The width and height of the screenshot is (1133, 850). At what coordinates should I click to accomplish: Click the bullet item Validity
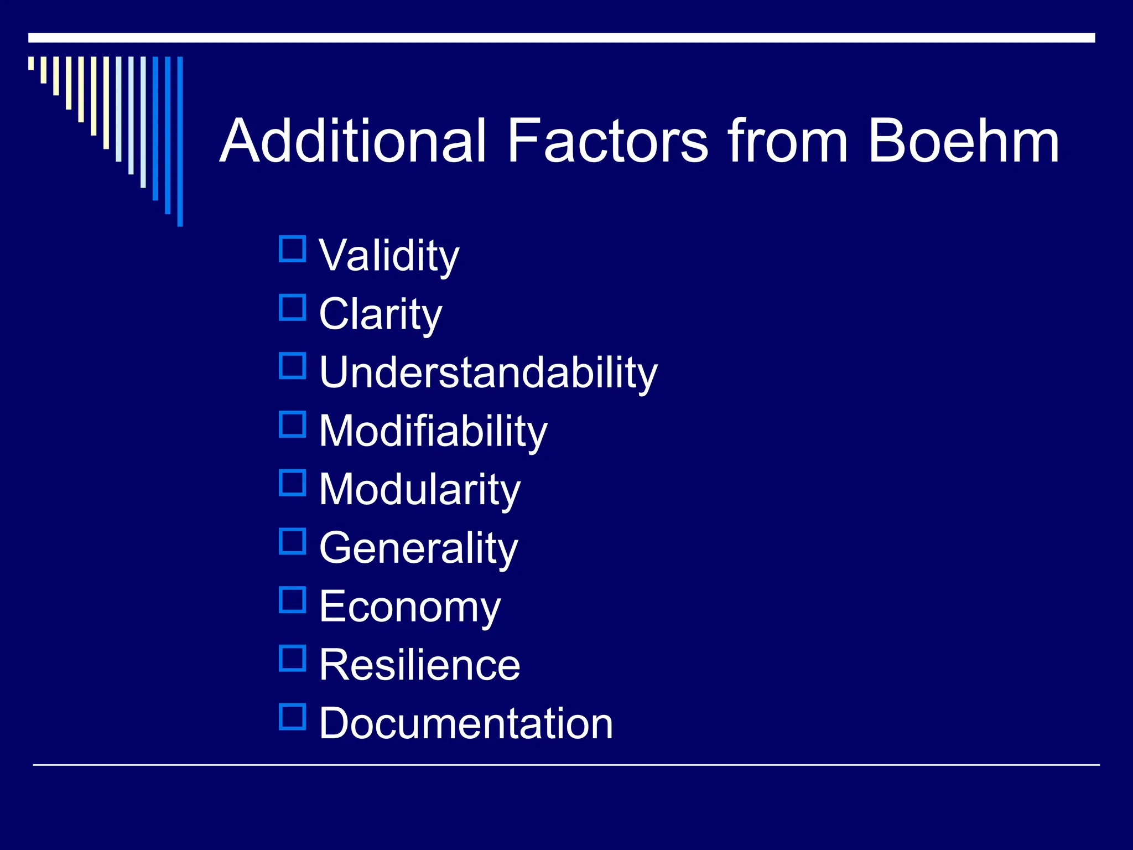[389, 256]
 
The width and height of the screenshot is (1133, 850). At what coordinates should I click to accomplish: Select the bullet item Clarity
[381, 314]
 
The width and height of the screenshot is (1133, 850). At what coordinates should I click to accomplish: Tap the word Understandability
[488, 372]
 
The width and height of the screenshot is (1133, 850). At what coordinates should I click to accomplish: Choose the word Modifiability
[433, 431]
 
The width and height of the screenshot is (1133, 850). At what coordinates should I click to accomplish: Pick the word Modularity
[420, 489]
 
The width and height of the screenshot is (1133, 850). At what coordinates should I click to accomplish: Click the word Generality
[419, 548]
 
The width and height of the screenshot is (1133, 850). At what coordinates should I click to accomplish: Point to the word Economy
[410, 607]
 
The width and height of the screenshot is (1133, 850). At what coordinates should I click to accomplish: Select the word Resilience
[420, 665]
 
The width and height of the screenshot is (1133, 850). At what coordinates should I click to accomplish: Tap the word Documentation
[466, 723]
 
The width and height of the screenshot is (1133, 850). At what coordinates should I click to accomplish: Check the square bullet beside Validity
[292, 249]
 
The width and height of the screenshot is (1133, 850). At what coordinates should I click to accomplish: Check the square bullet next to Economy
[292, 600]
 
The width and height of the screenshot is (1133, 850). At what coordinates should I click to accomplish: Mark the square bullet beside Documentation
[292, 717]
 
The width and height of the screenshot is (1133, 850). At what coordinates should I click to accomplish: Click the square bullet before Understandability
[292, 366]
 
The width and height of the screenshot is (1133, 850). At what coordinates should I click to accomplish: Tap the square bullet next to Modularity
[292, 483]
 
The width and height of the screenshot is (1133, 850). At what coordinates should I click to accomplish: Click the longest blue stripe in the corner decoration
[180, 141]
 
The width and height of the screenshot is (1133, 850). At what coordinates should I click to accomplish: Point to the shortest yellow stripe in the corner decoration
[31, 63]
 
